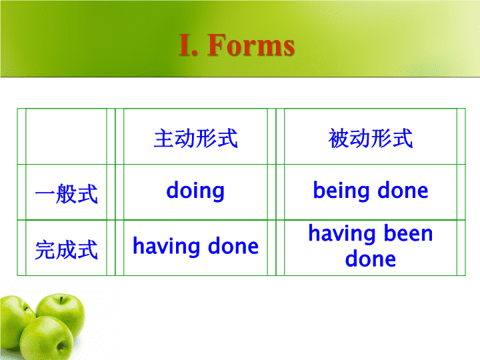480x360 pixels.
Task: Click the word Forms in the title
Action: coord(251,45)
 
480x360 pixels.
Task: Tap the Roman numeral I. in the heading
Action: coord(188,45)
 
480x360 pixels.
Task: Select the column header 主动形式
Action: coord(195,139)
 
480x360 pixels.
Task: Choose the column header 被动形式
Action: coord(371,139)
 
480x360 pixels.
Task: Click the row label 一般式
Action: coord(67,193)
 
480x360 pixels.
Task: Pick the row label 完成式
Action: coord(67,249)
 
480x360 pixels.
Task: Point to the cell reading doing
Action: coord(195,191)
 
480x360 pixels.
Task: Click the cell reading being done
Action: coord(371,191)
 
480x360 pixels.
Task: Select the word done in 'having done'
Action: coord(233,246)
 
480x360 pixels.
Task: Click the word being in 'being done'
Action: coord(341,191)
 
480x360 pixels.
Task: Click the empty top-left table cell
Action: coord(66,137)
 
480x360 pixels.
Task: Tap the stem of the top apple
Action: coord(61,299)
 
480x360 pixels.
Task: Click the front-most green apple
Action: coord(47,339)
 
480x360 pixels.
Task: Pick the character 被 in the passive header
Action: coord(339,139)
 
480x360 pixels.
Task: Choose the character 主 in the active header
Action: coord(164,139)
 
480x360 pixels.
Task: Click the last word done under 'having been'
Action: coord(371,259)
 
